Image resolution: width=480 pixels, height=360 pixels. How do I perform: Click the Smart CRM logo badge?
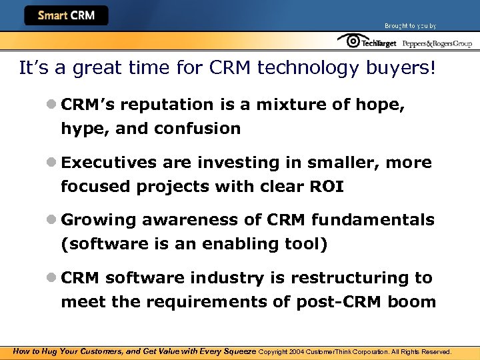pos(66,15)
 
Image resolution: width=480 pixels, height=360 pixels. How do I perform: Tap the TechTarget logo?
pos(367,42)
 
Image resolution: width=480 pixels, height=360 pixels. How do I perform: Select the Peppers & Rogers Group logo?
pos(437,43)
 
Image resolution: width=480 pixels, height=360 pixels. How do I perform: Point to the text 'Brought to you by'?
pos(410,26)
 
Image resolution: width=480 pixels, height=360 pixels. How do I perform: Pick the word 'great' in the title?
pos(91,68)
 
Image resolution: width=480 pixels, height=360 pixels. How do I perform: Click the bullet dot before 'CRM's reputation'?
pos(51,105)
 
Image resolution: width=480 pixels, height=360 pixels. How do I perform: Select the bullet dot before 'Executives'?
pos(51,163)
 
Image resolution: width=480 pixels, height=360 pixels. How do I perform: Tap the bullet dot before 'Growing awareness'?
pos(51,220)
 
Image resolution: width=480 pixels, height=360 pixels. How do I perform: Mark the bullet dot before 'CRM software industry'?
pos(51,277)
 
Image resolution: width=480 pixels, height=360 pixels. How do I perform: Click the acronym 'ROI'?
pos(326,187)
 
